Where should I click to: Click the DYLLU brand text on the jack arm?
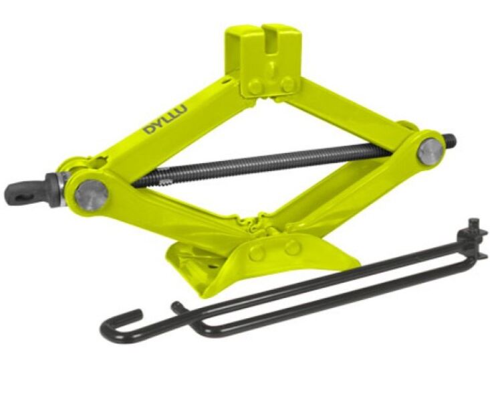coord(165,120)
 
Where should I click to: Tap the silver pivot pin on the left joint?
coord(92,195)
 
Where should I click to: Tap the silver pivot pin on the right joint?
coord(431,152)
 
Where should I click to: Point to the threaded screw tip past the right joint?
coord(451,140)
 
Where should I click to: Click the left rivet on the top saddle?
coord(255,86)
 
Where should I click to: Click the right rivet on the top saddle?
coord(287,84)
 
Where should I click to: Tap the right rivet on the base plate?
coord(293,247)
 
